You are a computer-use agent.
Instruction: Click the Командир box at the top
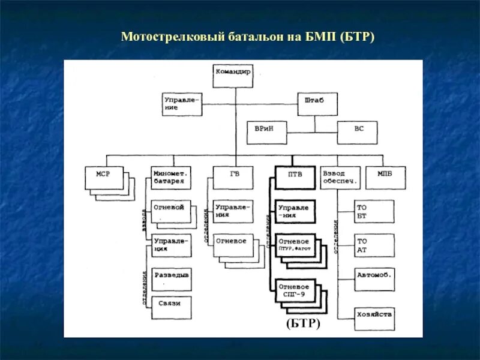pyautogui.click(x=233, y=75)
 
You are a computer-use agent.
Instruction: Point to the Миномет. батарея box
pyautogui.click(x=171, y=178)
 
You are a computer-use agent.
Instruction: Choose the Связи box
pyautogui.click(x=171, y=307)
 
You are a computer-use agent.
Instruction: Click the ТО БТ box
pyautogui.click(x=374, y=211)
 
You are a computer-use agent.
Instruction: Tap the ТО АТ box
pyautogui.click(x=374, y=245)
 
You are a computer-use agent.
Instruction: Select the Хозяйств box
pyautogui.click(x=374, y=313)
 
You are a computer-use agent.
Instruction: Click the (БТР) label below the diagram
pyautogui.click(x=303, y=324)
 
